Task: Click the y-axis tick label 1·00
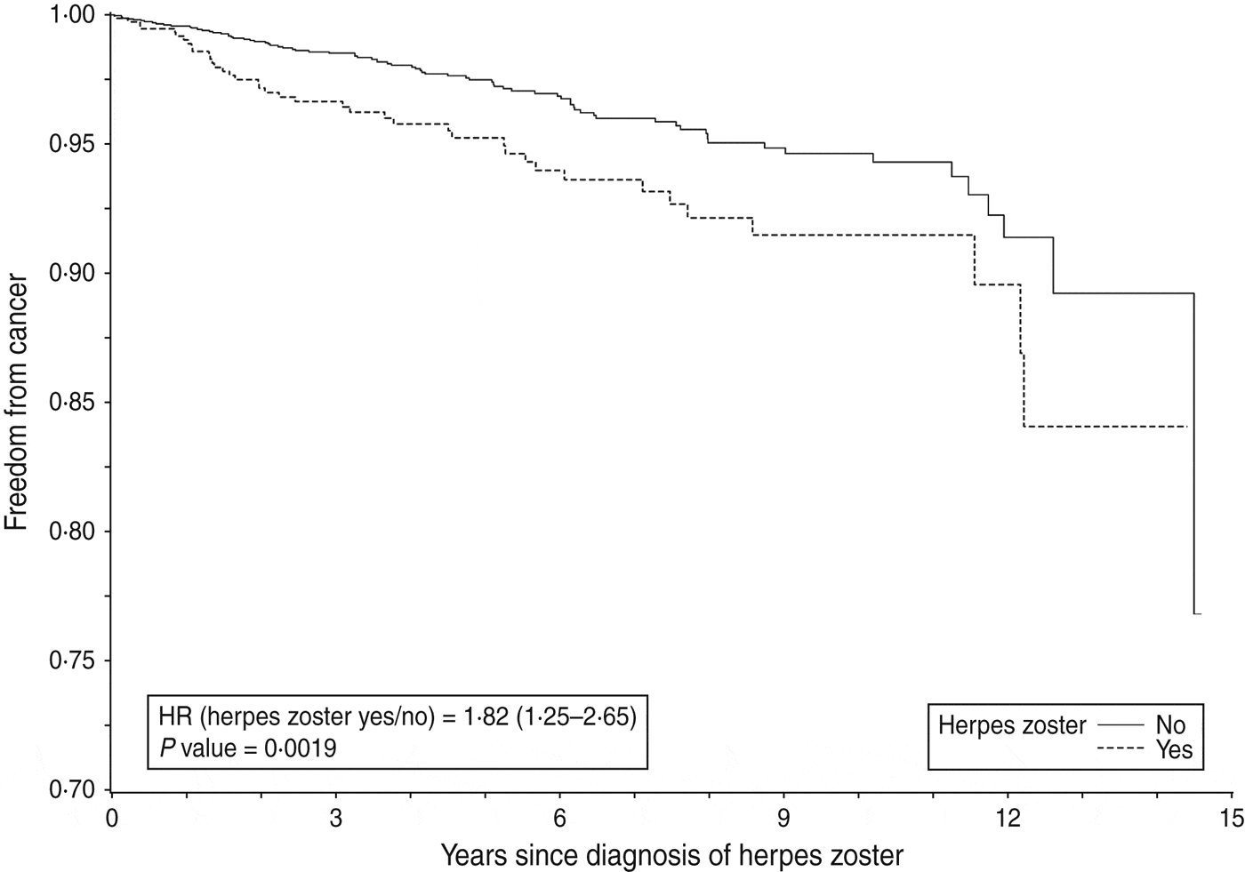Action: click(x=71, y=15)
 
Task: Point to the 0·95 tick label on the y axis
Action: click(x=71, y=145)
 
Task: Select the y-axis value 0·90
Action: click(x=71, y=274)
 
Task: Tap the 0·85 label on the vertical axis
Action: click(x=71, y=404)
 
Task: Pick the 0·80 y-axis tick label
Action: click(x=71, y=532)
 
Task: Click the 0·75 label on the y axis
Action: click(x=71, y=661)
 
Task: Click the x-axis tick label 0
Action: click(x=111, y=816)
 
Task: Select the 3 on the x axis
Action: click(x=335, y=816)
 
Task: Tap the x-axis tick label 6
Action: click(x=559, y=816)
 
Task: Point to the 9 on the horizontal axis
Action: click(x=783, y=816)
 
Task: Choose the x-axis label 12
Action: click(x=1008, y=816)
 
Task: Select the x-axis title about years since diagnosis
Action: click(x=671, y=855)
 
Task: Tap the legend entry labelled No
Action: click(x=1170, y=725)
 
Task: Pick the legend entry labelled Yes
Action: click(x=1173, y=749)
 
